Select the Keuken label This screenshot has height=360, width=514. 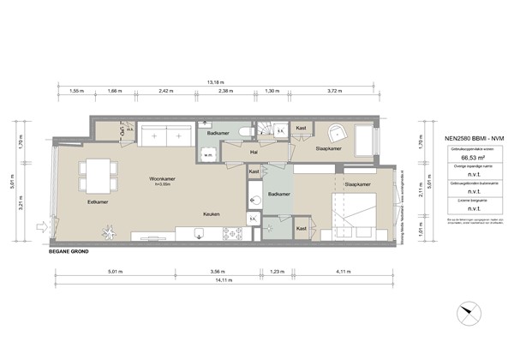[214, 213]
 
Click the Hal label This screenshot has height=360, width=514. [254, 153]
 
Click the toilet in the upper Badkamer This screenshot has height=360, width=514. [245, 131]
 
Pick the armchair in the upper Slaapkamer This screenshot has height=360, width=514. [337, 134]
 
